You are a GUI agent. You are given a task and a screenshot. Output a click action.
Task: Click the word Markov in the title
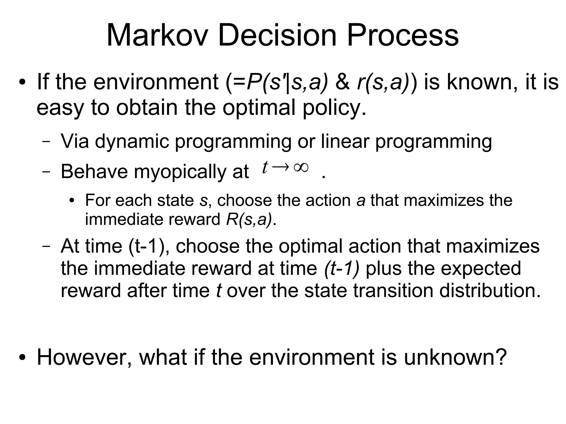click(156, 35)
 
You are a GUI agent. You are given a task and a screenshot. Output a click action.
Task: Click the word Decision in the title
click(277, 35)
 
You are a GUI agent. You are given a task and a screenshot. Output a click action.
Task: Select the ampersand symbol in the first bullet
click(342, 82)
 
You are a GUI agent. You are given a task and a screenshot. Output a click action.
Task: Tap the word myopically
click(180, 172)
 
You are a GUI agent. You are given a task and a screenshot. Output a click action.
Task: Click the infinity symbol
click(301, 167)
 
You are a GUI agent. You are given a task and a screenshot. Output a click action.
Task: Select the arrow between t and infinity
click(281, 167)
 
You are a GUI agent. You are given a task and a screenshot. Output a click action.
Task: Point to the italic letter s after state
click(203, 200)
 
